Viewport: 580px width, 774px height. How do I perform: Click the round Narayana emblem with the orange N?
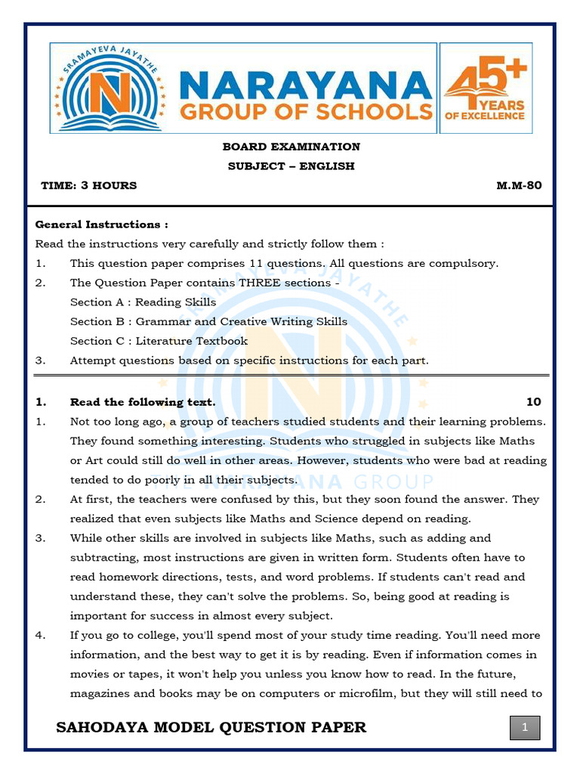click(111, 88)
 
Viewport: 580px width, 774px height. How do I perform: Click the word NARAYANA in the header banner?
click(305, 84)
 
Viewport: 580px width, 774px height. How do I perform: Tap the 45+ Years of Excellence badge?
click(486, 88)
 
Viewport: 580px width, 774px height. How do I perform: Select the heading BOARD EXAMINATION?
click(291, 147)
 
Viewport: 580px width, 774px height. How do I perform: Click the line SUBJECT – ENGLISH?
click(291, 166)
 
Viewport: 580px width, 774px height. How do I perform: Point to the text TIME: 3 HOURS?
click(89, 185)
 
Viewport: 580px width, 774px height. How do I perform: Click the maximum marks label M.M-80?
click(519, 185)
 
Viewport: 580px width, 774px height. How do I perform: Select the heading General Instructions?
click(101, 224)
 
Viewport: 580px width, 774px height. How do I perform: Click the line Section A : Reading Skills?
click(143, 302)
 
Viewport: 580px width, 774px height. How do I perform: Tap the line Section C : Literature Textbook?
click(159, 341)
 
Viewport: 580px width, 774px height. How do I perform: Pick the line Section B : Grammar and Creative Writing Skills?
click(208, 322)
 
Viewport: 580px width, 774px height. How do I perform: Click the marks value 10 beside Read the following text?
click(533, 402)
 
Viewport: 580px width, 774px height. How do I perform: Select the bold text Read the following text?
click(143, 402)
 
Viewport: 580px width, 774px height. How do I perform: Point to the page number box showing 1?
click(525, 729)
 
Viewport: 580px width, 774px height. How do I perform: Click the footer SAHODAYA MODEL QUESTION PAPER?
click(211, 727)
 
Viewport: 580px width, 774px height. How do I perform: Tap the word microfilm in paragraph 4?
click(371, 694)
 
